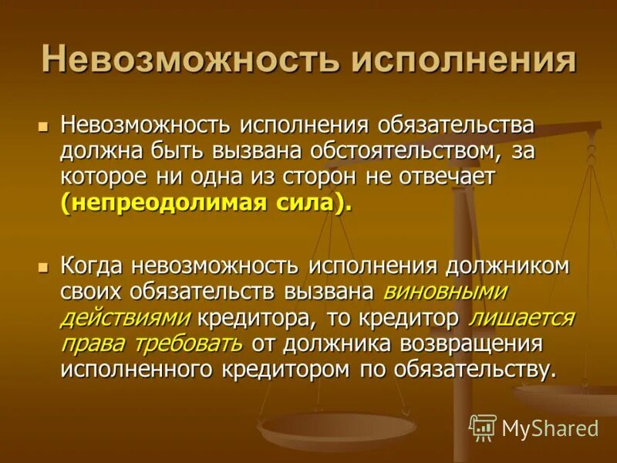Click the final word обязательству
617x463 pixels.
474,369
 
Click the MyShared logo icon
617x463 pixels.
483,427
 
